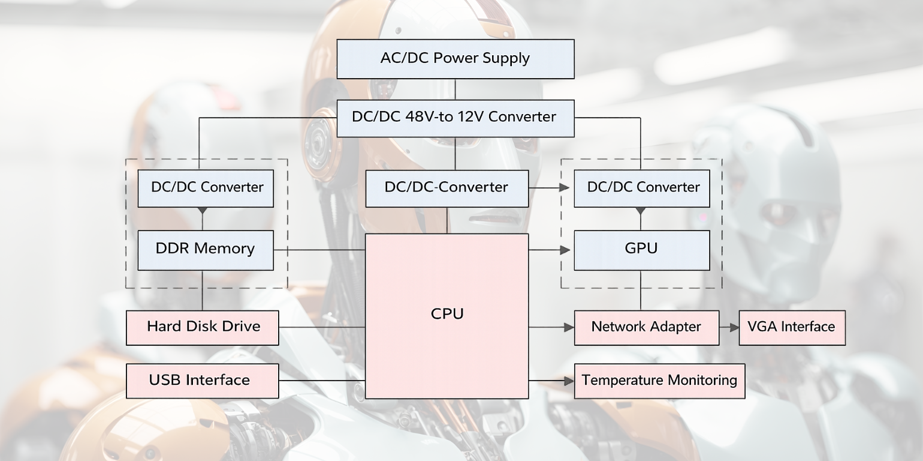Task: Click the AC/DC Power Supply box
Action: point(456,59)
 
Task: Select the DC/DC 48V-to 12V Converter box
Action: point(456,118)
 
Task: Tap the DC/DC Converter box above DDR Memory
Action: point(206,188)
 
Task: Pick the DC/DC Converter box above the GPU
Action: point(642,188)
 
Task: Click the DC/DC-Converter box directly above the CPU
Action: point(447,188)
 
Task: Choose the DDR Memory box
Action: point(206,250)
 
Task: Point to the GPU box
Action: point(642,250)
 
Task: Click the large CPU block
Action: point(447,316)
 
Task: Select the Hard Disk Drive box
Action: point(203,327)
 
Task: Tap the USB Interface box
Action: point(203,381)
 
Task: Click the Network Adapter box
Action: point(647,327)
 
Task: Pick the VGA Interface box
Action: point(792,327)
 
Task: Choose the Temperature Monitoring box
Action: point(659,381)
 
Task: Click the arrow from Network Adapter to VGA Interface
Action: point(729,328)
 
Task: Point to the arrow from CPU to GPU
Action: point(551,250)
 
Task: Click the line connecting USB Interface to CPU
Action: point(322,381)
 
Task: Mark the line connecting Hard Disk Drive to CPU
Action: point(322,327)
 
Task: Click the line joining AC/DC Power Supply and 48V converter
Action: point(456,89)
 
